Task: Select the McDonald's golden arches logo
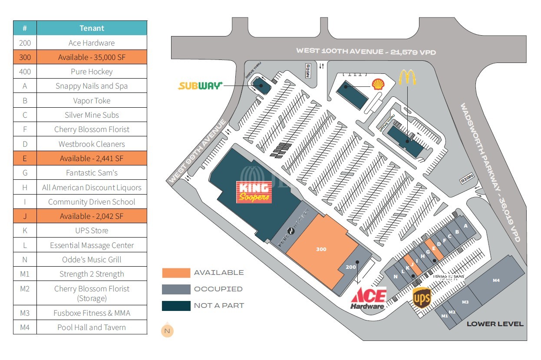click(x=407, y=77)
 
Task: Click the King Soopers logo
click(x=254, y=192)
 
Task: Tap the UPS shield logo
click(x=421, y=298)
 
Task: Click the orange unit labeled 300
click(x=321, y=249)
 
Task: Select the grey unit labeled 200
click(x=351, y=267)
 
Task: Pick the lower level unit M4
click(x=496, y=280)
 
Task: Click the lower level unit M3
click(x=465, y=301)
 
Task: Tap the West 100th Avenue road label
click(x=366, y=51)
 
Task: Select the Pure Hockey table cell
click(x=92, y=72)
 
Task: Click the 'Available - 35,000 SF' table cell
click(x=92, y=57)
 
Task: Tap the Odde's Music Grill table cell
click(x=92, y=260)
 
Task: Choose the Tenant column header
click(x=92, y=28)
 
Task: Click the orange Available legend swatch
click(x=176, y=273)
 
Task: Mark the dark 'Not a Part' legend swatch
click(x=176, y=306)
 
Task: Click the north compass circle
click(x=167, y=331)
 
